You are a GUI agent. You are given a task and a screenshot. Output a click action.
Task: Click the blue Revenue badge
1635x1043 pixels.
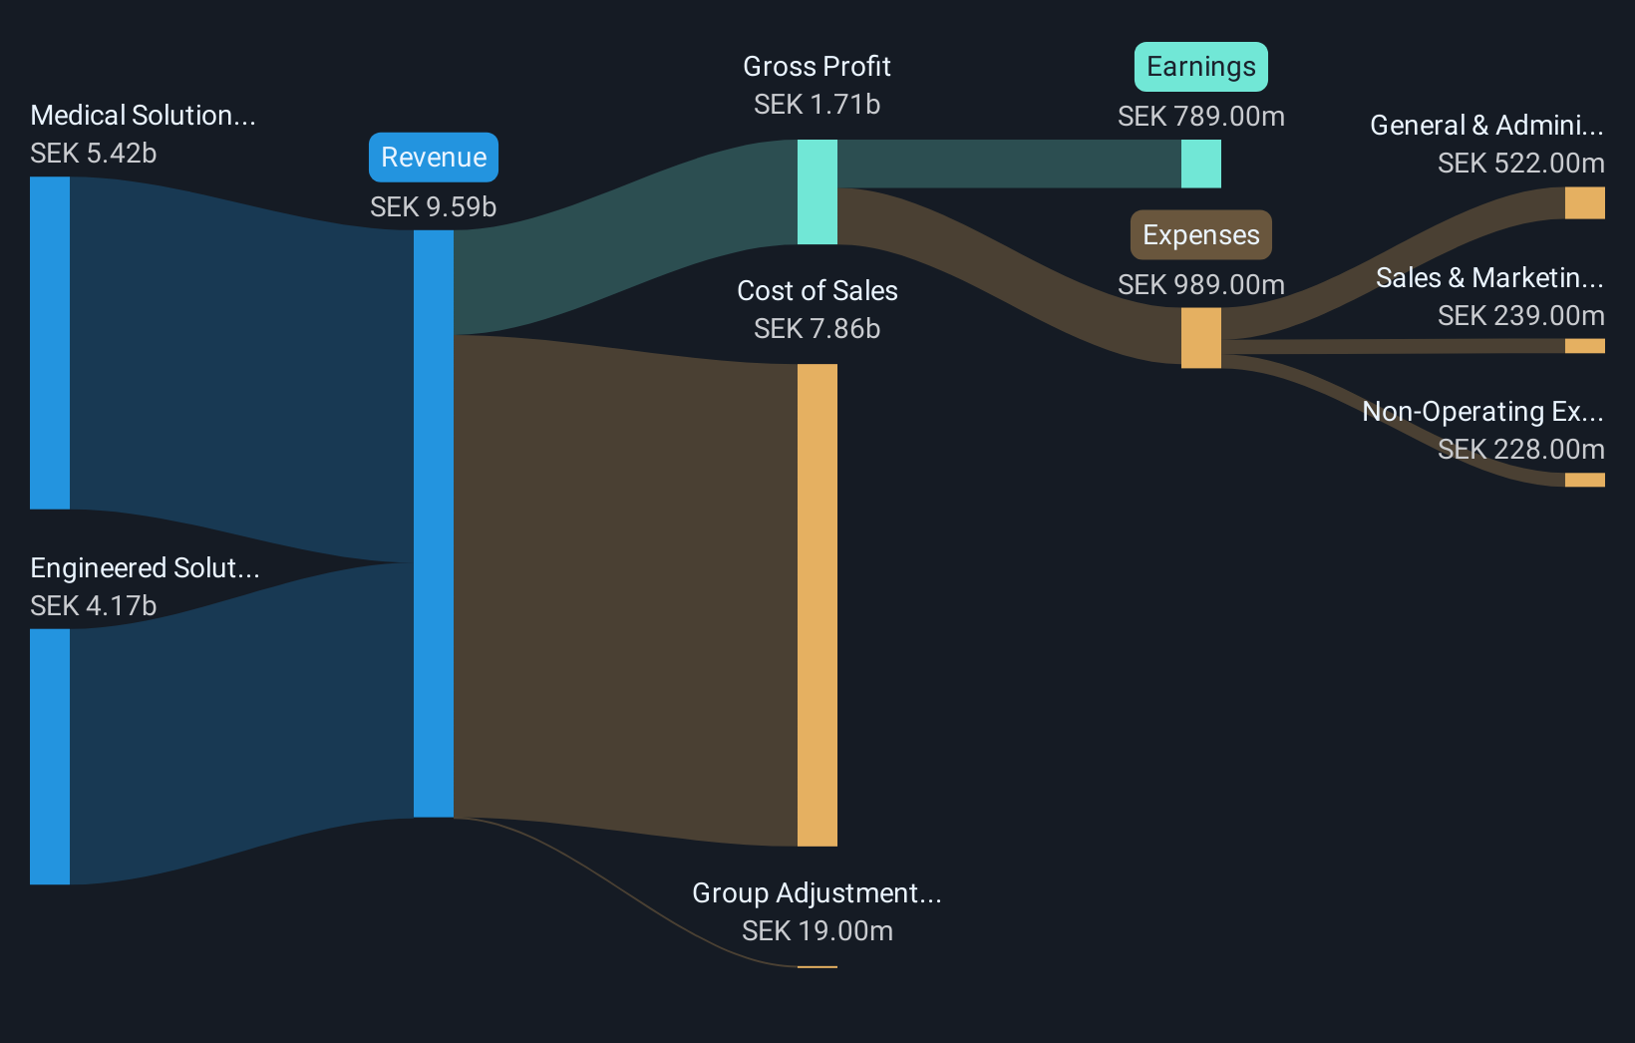coord(434,158)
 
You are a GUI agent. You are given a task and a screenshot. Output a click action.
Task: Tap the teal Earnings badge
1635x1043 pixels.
coord(1200,67)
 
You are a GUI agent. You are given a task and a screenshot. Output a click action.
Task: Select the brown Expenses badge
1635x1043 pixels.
coord(1200,235)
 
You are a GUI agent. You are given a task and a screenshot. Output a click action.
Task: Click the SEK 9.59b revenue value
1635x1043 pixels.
coord(433,206)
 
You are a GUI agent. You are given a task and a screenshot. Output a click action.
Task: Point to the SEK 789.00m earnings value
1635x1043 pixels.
coord(1200,117)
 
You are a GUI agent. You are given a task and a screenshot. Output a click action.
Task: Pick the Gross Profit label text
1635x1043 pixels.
coord(817,67)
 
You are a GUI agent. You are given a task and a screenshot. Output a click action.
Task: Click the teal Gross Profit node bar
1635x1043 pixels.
coord(817,191)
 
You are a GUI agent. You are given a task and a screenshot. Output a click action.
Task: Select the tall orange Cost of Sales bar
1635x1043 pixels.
coord(817,604)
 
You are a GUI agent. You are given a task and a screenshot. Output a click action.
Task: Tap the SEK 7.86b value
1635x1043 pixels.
coord(817,329)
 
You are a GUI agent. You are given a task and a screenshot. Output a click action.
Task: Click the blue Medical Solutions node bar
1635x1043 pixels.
coord(50,342)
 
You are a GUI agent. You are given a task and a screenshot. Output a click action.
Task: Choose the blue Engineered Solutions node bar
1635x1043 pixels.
coord(50,756)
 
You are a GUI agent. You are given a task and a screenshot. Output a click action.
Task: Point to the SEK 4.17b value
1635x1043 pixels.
coord(94,606)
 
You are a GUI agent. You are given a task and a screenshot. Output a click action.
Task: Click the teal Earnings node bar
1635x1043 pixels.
coord(1200,164)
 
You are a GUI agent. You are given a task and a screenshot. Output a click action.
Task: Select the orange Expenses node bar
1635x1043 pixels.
coord(1200,338)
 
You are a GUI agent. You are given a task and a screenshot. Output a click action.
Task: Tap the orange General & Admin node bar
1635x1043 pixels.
coord(1584,202)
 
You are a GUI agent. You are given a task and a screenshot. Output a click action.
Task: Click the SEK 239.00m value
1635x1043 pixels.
coord(1520,316)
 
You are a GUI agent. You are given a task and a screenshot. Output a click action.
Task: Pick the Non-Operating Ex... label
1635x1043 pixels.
coord(1482,412)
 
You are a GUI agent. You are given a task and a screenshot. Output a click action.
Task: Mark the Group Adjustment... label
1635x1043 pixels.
coord(817,893)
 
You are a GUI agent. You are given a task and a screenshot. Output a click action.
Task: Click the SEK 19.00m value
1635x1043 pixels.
coord(817,931)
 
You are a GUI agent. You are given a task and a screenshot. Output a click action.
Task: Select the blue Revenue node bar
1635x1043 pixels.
coord(434,523)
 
